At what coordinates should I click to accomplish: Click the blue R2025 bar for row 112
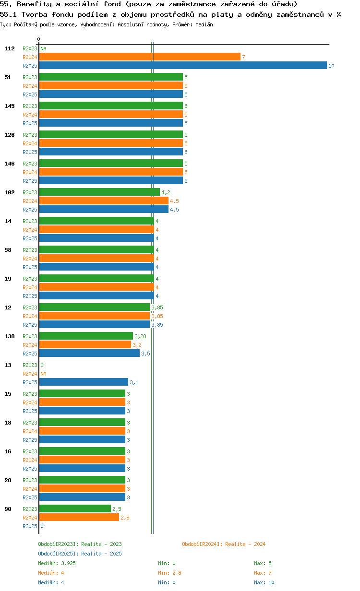[182, 65]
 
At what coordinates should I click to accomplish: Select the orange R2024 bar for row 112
[139, 57]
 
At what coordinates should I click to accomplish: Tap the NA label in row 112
[43, 48]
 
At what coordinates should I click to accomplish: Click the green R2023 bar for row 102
[99, 192]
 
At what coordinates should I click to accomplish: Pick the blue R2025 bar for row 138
[89, 353]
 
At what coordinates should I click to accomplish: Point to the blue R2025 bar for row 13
[83, 382]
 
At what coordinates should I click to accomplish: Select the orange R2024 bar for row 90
[79, 517]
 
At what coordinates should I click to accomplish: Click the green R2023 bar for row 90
[74, 508]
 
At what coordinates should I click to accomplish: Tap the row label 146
[9, 164]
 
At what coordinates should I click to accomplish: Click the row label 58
[8, 250]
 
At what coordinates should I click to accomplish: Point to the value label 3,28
[140, 336]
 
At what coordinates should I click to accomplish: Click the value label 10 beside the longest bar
[331, 66]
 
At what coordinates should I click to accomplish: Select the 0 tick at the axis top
[39, 39]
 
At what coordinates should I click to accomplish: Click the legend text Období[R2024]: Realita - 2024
[224, 544]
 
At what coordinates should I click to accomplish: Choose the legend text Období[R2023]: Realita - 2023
[80, 544]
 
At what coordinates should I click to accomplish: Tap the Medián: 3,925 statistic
[57, 563]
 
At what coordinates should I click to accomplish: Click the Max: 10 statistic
[264, 582]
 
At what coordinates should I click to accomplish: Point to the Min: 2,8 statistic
[169, 573]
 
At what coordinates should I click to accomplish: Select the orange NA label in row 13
[43, 374]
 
